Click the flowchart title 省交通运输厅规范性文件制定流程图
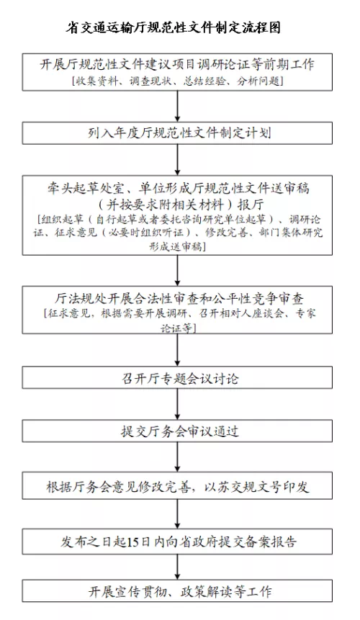(x=173, y=27)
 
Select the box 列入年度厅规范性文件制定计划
(x=177, y=132)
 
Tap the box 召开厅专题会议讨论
(x=177, y=378)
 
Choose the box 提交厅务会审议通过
(x=177, y=431)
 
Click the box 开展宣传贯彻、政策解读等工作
(x=177, y=591)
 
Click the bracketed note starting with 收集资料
(x=177, y=81)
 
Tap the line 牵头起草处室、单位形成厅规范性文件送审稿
(x=178, y=188)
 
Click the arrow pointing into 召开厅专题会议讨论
(x=177, y=350)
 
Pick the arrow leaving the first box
(x=177, y=106)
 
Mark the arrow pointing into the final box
(x=177, y=567)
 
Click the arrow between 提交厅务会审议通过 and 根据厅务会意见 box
(x=177, y=457)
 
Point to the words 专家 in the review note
(x=305, y=313)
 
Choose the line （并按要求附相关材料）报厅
(x=179, y=205)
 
